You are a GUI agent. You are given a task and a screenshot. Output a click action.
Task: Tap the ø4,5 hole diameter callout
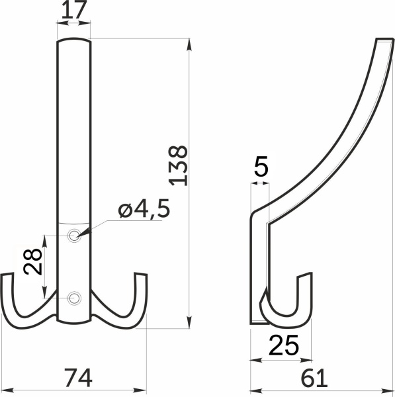(144, 210)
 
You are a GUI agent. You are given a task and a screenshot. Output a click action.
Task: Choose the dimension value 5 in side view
(261, 168)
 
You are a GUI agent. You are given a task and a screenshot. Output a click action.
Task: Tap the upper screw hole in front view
(75, 235)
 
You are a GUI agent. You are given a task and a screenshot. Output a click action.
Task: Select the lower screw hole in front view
(75, 298)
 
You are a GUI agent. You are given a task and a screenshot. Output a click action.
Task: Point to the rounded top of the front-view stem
(73, 42)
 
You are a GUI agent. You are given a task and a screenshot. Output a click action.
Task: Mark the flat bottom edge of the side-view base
(258, 323)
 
